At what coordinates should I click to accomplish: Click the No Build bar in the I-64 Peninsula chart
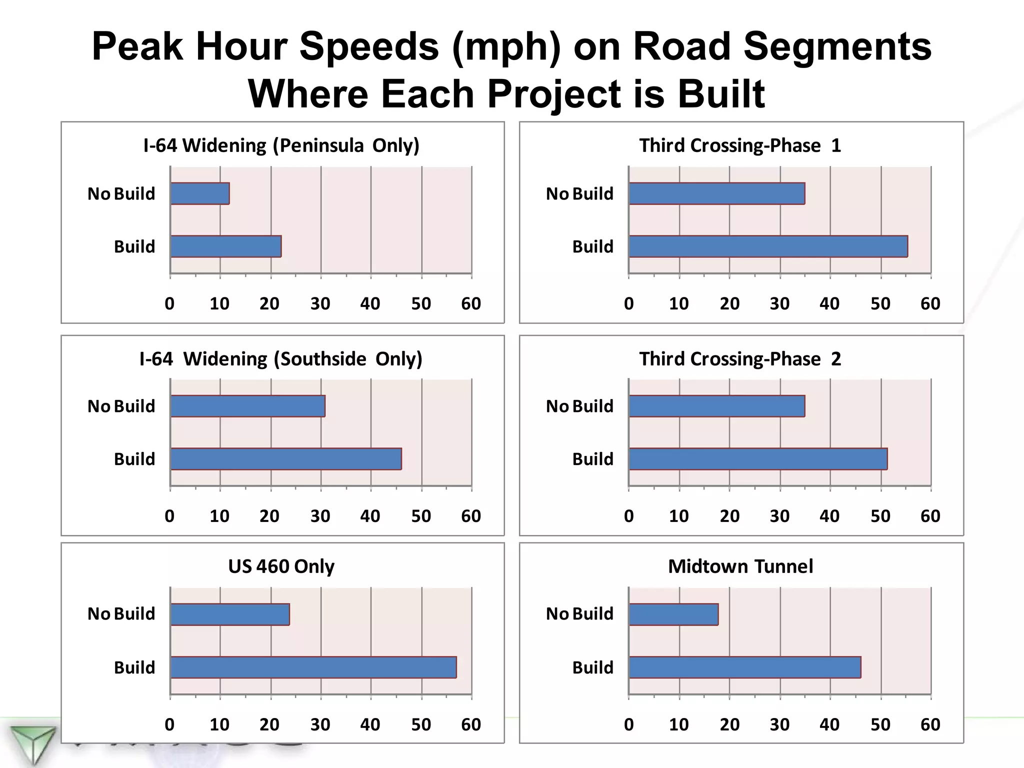[200, 193]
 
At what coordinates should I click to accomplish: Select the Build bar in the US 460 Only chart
[313, 667]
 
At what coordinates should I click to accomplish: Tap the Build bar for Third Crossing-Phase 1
[768, 246]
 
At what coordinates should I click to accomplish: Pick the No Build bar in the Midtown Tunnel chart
[673, 614]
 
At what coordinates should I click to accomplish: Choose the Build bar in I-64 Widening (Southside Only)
[286, 459]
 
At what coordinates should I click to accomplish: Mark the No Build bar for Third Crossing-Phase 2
[717, 406]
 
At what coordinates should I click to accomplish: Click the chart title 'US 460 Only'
[281, 566]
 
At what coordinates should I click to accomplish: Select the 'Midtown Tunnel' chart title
[740, 566]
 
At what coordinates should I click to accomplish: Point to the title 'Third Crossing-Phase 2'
[740, 359]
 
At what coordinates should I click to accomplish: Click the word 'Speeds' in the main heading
[369, 46]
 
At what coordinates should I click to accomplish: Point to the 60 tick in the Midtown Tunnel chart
[930, 724]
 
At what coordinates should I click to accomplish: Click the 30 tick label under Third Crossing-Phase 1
[779, 303]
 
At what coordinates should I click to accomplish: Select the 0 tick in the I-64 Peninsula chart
[169, 303]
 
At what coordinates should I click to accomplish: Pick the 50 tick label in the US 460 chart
[421, 724]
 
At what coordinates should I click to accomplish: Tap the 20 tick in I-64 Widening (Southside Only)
[269, 516]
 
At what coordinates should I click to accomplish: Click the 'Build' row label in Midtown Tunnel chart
[592, 667]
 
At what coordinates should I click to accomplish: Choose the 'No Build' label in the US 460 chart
[121, 614]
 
